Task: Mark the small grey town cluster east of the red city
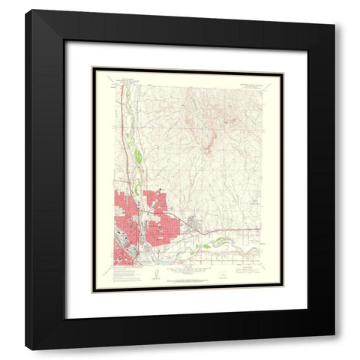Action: tap(193, 222)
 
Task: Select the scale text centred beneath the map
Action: tap(185, 275)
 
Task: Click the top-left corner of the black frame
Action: tap(26, 11)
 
